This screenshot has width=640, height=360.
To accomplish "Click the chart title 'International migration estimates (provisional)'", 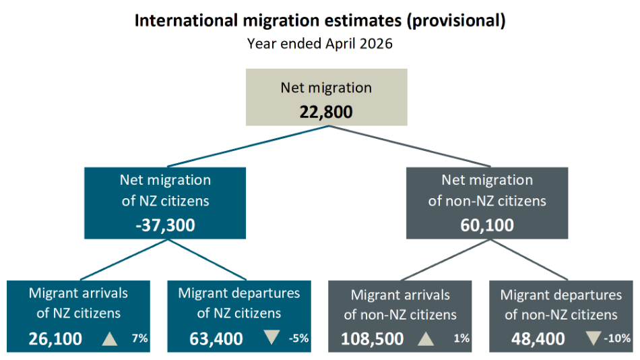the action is click(320, 20).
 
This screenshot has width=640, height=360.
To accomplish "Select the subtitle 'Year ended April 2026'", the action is click(319, 44).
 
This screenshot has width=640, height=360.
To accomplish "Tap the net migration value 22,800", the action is click(326, 112).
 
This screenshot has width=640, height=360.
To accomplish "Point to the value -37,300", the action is click(165, 225).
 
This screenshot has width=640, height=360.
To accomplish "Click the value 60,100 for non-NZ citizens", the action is click(487, 225).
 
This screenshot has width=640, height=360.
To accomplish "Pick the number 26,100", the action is click(55, 338).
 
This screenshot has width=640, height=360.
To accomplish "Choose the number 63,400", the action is click(216, 338).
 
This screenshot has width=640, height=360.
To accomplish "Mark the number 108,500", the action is click(373, 338).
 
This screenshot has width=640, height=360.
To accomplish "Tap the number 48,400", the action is click(538, 338).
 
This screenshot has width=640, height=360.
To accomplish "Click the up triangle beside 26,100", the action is click(109, 338).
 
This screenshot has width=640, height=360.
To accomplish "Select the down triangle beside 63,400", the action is click(271, 337).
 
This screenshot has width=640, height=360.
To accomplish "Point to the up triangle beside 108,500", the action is click(426, 338).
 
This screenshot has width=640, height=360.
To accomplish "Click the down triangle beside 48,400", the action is click(593, 338).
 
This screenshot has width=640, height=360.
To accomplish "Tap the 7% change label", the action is click(139, 338).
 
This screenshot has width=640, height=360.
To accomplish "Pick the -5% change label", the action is click(298, 338).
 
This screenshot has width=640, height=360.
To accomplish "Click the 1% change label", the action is click(461, 338).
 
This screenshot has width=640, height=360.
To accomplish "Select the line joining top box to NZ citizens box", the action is click(248, 146).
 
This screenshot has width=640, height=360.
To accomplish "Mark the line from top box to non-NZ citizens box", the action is click(410, 146).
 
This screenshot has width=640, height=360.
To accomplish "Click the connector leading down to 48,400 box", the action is click(529, 260).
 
